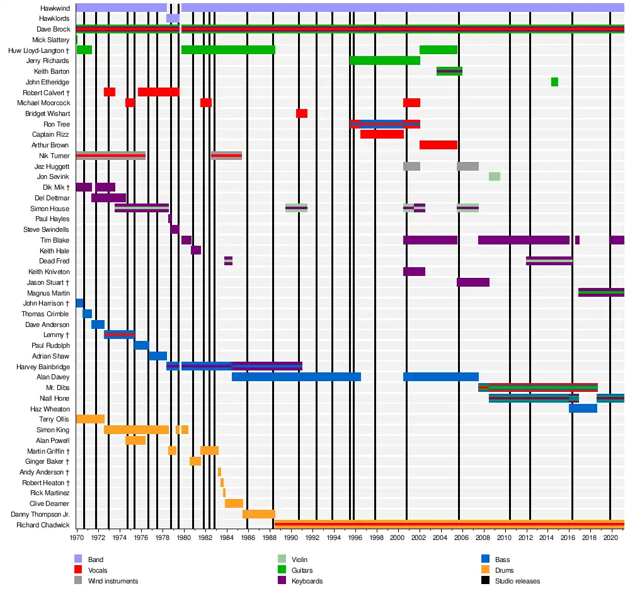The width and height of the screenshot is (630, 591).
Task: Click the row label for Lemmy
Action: (54, 335)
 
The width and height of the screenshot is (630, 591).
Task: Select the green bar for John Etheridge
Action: (554, 82)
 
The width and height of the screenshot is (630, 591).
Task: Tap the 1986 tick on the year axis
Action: (248, 537)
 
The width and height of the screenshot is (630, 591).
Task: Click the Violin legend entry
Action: (300, 559)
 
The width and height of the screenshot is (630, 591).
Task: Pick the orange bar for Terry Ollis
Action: (90, 419)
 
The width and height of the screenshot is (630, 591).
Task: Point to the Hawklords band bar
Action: (173, 18)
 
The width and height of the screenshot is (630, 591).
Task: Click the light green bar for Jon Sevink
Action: (495, 176)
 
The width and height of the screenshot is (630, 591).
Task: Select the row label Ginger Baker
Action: (47, 462)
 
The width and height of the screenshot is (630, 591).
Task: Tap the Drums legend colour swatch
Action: (485, 570)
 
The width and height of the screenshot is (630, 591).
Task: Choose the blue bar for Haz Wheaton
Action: (583, 409)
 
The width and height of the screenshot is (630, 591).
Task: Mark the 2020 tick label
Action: (610, 537)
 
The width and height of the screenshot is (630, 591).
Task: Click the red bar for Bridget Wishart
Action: (302, 113)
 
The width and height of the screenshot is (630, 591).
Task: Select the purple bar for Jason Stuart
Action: (473, 282)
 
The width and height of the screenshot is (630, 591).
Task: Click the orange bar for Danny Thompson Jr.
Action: (259, 514)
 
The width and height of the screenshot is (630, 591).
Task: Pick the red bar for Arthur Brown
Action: (438, 145)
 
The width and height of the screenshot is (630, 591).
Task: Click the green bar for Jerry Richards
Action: (385, 60)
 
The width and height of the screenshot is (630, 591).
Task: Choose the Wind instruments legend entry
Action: (113, 581)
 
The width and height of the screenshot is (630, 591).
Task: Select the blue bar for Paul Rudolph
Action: (142, 345)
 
